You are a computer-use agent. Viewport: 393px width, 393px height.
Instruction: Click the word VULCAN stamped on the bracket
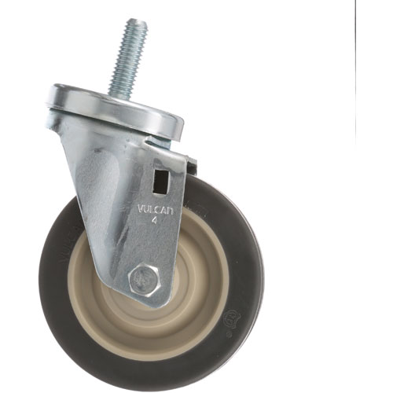tap(155, 211)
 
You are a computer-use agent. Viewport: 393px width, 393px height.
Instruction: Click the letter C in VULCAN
tap(156, 211)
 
